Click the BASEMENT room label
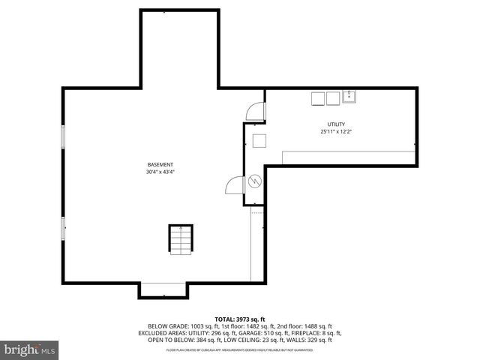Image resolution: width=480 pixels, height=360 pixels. point(160,165)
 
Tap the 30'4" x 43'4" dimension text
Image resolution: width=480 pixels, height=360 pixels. point(160,172)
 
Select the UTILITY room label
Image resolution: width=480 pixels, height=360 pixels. point(335,124)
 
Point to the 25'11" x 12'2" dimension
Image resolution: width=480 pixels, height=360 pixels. point(335,132)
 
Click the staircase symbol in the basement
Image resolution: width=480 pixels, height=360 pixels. point(180,240)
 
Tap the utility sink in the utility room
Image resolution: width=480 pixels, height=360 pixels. point(349,97)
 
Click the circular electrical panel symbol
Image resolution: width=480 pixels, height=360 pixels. point(254,181)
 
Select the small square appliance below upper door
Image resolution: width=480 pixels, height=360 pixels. point(259,140)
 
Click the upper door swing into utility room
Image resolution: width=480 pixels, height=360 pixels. point(257,111)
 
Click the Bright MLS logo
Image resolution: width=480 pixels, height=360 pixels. point(30,349)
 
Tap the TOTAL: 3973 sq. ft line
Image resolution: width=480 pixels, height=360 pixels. point(240,319)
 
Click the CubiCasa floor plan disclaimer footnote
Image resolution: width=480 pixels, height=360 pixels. point(240,349)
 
